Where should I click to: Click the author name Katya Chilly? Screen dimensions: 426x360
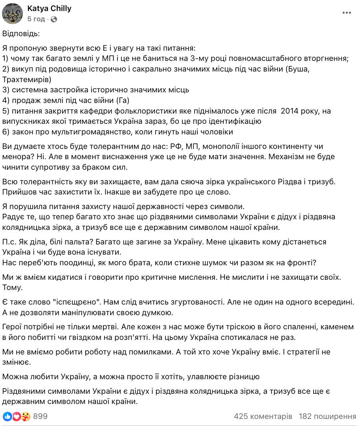[49, 8]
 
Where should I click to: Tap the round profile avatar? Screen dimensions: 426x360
[13, 13]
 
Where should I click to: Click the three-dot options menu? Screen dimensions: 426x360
[346, 13]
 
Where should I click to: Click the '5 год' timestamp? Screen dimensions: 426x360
[36, 19]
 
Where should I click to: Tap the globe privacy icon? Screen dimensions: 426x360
[54, 19]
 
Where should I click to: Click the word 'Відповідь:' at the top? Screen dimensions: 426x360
[21, 34]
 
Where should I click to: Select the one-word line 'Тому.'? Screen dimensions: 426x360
[13, 287]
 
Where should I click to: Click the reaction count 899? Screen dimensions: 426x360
[40, 416]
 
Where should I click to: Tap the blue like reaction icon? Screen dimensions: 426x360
[7, 416]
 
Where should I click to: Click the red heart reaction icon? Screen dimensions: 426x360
[16, 416]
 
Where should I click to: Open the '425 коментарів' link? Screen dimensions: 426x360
[263, 416]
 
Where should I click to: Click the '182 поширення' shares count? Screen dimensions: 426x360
[327, 416]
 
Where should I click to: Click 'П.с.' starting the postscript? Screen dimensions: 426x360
[10, 242]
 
